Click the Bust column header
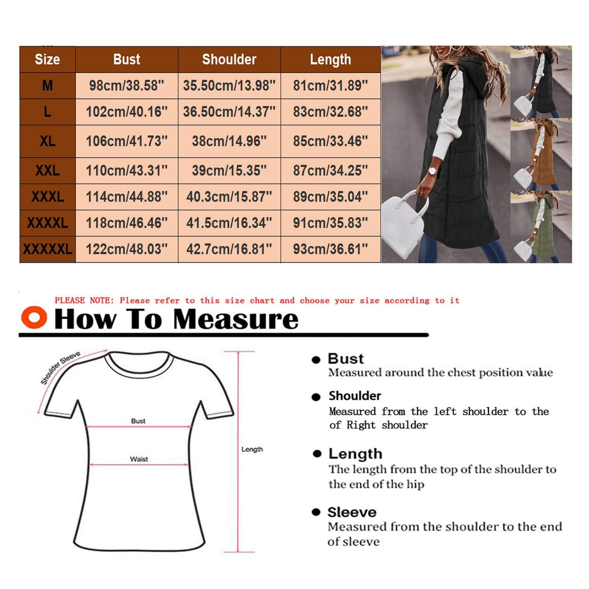127,59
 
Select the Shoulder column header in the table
229,59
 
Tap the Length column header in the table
331,59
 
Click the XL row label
47,141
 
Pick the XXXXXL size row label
47,249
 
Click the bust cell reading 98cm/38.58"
127,85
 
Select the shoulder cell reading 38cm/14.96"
229,141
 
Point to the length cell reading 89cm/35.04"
331,197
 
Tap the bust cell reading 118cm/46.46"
127,223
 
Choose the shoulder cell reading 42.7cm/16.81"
229,249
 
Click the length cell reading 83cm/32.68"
331,112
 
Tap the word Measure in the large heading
236,319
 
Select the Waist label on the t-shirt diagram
139,459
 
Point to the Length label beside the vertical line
252,449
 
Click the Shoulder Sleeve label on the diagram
60,368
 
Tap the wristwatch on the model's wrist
433,172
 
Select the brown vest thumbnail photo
541,154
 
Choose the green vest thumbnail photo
541,227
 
